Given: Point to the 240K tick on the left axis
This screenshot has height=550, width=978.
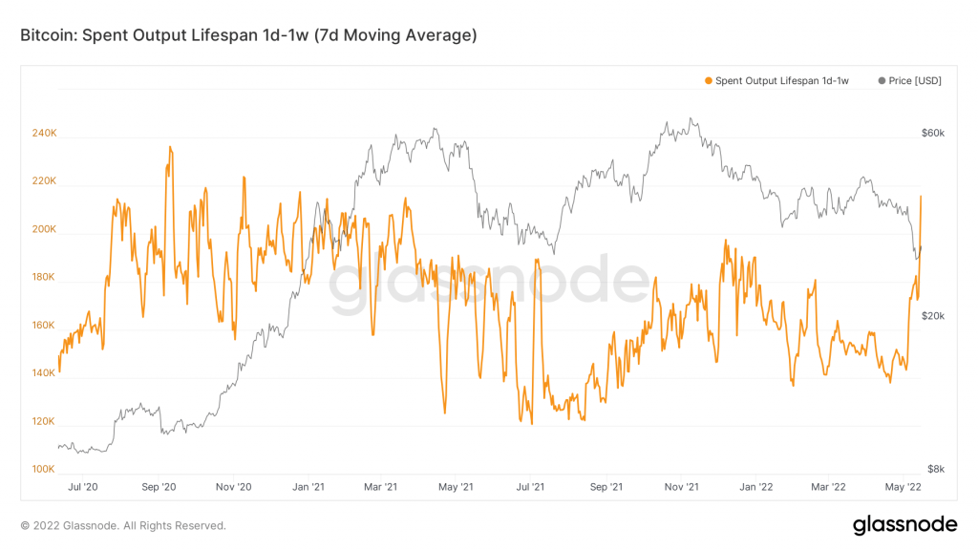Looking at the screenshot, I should (45, 134).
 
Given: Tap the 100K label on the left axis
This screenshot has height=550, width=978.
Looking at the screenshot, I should (45, 470).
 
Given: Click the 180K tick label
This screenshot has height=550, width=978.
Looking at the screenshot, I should (45, 278).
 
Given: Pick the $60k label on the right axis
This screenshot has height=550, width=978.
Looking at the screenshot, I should (933, 134).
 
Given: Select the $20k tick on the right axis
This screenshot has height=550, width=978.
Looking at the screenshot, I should (933, 316).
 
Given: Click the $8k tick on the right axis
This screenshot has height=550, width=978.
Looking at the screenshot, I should (936, 470).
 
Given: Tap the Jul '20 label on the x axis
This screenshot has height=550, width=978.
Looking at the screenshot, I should (84, 487).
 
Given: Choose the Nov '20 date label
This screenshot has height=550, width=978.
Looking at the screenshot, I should (233, 487).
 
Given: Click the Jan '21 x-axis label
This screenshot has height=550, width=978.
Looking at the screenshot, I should (308, 487).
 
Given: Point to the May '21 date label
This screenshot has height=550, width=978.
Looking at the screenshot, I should (456, 487).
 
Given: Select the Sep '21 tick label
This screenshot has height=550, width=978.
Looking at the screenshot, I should (606, 487).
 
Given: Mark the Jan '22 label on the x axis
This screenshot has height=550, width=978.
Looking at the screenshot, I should (755, 487).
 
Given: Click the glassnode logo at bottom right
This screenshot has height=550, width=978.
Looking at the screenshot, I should (904, 524).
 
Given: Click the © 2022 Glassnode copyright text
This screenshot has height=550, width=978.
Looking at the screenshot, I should (123, 525).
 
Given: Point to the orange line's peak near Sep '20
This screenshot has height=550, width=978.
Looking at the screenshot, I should (170, 147).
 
